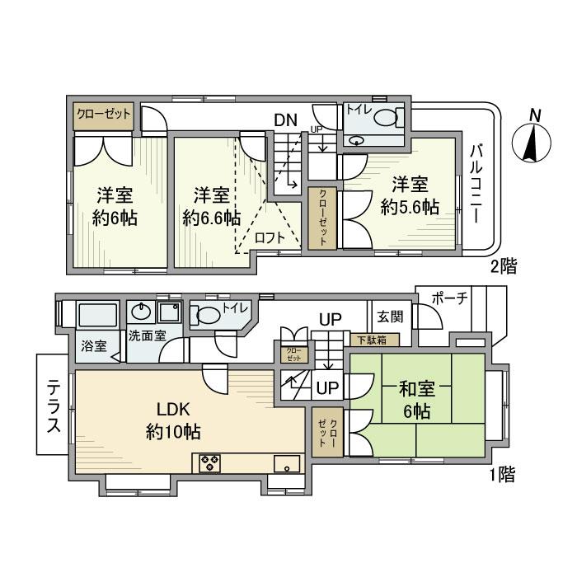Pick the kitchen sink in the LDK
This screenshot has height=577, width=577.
285,463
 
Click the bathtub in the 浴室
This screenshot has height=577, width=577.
98,316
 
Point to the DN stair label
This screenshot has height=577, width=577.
285,120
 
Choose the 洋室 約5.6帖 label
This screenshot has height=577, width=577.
409,195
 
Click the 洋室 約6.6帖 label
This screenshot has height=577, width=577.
211,207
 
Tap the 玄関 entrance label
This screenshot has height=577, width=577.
389,315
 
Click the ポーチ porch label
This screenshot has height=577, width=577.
449,298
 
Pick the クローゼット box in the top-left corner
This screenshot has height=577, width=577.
102,115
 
